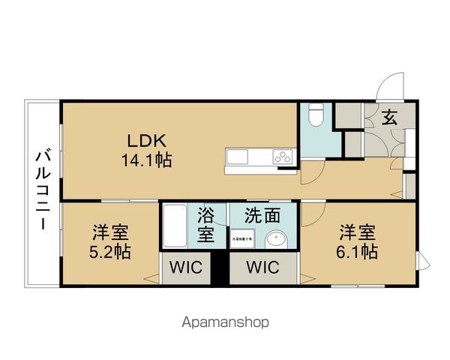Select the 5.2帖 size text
(112, 251)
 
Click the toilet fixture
(316, 115)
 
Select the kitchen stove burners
(283, 157)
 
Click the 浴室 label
(206, 225)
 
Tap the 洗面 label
(262, 216)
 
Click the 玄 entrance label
(389, 118)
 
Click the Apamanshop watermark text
(224, 322)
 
